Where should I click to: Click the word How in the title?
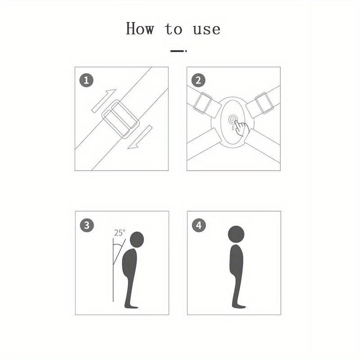pos(140,28)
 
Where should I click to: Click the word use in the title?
pos(207,30)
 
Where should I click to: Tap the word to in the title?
pos(174,29)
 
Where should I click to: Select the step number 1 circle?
pos(86,81)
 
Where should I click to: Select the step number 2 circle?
pos(198,81)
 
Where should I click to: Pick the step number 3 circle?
pos(87,225)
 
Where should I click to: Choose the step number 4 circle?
pos(199,225)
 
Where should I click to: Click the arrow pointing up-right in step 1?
pos(104,100)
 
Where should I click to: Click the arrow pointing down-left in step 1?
pos(140,137)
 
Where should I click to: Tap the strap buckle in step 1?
pos(121,119)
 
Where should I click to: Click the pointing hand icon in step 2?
pos(242,128)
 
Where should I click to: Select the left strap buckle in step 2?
pos(203,103)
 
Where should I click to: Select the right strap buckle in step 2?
pos(265,103)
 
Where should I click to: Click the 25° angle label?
pos(120,233)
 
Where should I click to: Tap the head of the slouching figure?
pos(137,239)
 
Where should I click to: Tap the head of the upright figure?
pos(236,234)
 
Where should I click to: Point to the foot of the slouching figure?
pos(131,306)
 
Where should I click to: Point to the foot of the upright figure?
pos(239,306)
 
